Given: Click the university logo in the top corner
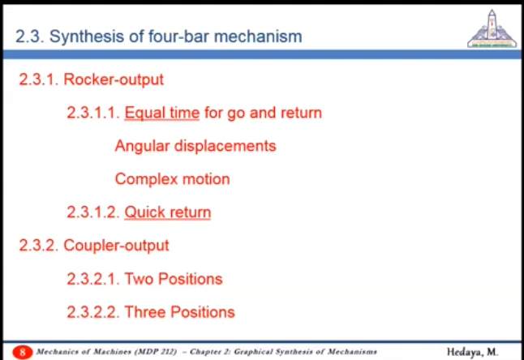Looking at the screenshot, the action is [492, 29].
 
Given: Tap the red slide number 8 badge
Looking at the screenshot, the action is [23, 352].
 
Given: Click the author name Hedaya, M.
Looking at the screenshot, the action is [473, 352].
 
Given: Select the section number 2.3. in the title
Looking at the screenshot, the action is [30, 36].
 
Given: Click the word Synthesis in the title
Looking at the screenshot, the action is [87, 36].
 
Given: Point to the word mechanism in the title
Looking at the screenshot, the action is [258, 36].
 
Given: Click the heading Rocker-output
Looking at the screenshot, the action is [114, 79].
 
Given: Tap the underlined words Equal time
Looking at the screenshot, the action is [162, 113].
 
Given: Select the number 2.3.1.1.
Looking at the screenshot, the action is [93, 113].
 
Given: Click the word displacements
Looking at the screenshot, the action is [225, 146].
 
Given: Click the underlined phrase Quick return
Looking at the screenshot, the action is [168, 212].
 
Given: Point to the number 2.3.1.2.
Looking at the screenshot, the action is [93, 212].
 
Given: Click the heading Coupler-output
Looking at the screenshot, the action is [116, 246].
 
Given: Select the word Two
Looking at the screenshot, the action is [139, 279].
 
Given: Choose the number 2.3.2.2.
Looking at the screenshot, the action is [93, 312].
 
